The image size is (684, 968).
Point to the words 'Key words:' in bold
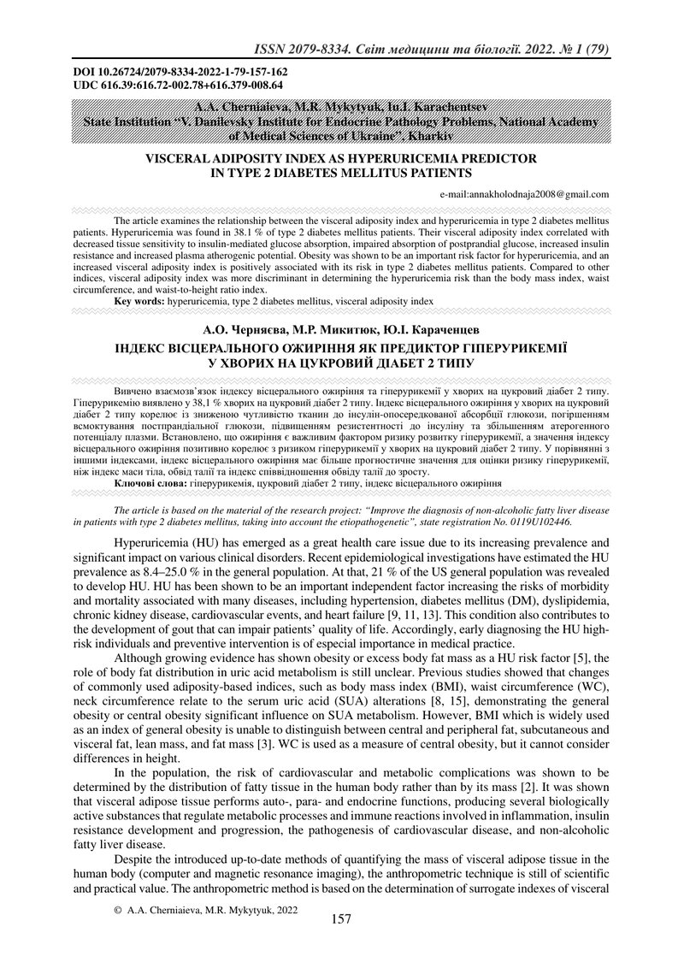point(139,302)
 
